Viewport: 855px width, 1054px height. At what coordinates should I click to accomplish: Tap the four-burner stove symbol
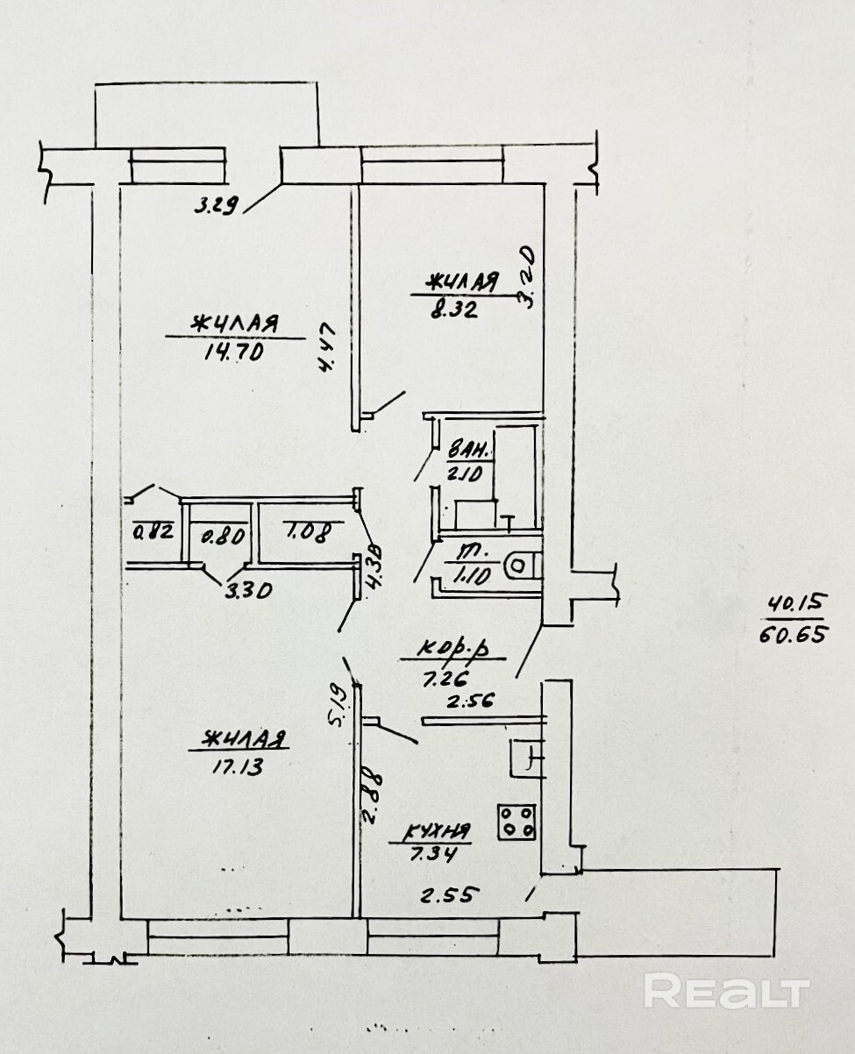[x=517, y=822]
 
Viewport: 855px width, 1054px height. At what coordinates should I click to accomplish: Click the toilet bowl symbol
[x=522, y=566]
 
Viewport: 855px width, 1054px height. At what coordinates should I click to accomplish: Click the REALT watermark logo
[x=727, y=991]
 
